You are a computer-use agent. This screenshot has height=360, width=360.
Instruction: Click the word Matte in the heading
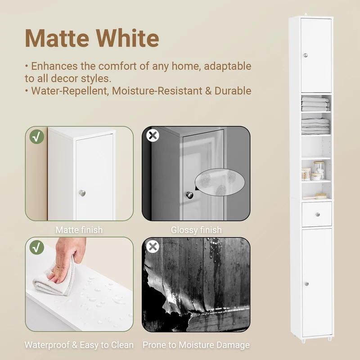coord(57,38)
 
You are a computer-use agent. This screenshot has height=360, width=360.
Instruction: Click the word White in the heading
coord(127,38)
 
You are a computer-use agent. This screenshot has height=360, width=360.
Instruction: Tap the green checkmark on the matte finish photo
coord(37,137)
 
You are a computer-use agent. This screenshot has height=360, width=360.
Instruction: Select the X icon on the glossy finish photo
coord(153,135)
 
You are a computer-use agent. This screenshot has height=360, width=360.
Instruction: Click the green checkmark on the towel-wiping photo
coord(37,247)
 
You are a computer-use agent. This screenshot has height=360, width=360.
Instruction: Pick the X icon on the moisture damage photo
coord(153,247)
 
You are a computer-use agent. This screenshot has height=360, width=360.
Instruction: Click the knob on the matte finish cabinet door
coord(82,193)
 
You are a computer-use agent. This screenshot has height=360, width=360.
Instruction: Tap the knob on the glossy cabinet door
coord(189,195)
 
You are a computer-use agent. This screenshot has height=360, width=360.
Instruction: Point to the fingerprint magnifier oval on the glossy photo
coord(220,182)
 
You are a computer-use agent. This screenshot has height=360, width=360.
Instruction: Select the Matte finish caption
coord(79,230)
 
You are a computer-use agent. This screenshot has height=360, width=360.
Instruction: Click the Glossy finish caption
coord(196,230)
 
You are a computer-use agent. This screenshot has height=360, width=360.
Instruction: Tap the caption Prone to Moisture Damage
coord(196,345)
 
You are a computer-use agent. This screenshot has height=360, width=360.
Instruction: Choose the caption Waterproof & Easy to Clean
coord(79,345)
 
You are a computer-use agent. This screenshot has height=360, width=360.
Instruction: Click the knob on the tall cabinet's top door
coord(306,55)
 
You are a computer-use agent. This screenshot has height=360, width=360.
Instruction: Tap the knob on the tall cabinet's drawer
coord(318,215)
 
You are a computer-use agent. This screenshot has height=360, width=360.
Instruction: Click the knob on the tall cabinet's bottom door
coord(307,284)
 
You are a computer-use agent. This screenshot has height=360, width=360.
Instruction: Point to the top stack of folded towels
coord(315,104)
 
